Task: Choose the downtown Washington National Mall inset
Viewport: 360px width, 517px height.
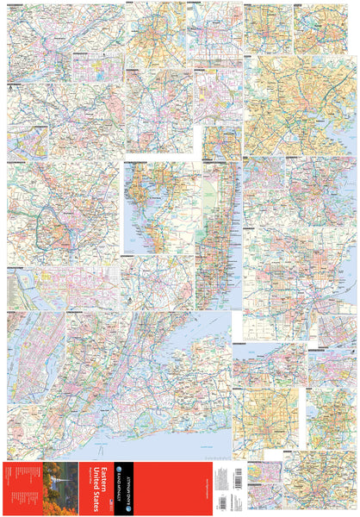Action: (x=60, y=289)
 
